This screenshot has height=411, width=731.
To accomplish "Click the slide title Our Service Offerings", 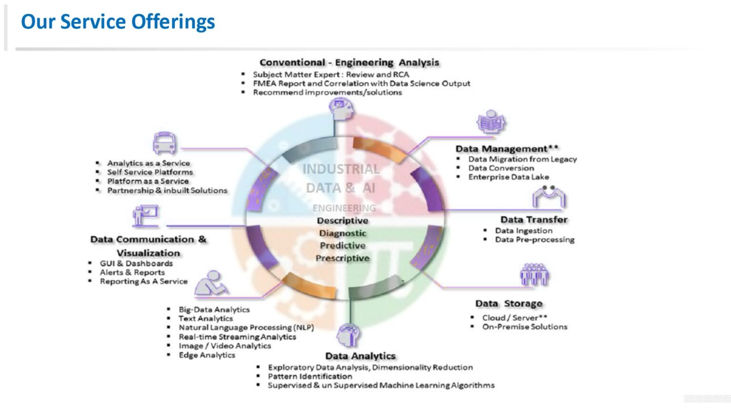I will [118, 22].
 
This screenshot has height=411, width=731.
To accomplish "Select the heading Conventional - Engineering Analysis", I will [349, 62].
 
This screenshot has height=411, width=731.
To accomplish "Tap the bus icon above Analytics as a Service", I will [165, 143].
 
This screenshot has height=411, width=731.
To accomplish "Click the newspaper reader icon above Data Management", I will [491, 123].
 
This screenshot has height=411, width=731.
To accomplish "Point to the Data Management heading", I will [507, 148].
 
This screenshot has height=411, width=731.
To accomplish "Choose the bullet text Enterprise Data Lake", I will [508, 177].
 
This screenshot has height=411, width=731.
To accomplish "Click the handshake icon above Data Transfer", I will [549, 197].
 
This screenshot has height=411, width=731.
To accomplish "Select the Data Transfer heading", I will [533, 219].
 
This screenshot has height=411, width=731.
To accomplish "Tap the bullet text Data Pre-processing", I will [534, 240].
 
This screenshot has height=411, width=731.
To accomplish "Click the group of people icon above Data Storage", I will [534, 274].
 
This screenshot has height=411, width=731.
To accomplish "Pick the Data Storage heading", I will [509, 303].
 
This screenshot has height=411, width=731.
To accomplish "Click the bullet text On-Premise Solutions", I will [524, 327].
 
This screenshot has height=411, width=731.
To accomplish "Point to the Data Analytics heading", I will [360, 356].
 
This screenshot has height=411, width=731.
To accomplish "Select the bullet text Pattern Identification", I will [310, 376].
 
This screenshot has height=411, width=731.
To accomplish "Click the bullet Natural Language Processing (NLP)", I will [246, 327].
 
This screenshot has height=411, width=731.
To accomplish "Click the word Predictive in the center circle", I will [343, 245].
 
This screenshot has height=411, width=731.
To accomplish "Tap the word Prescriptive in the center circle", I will [343, 258].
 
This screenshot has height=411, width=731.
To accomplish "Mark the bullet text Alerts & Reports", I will [132, 273].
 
